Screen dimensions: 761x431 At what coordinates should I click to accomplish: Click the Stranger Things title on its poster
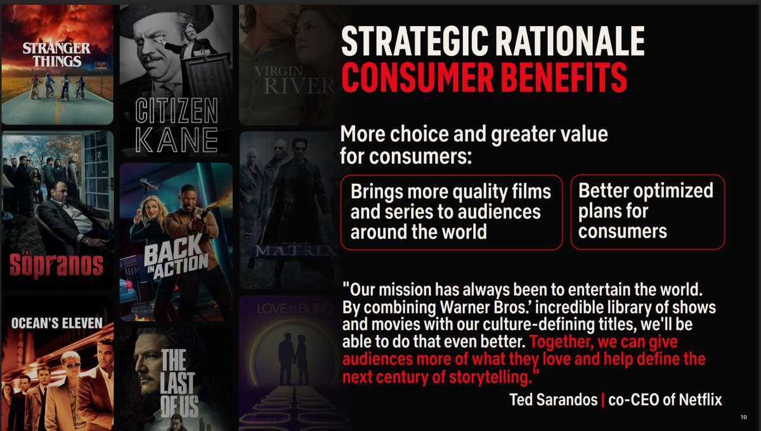point(56,55)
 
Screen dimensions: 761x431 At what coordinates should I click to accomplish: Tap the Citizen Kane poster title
point(176,125)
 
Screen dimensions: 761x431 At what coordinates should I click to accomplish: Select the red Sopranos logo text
point(56,265)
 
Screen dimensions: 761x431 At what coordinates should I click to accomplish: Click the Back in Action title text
point(176,258)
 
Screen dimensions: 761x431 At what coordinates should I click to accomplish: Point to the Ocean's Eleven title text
point(56,323)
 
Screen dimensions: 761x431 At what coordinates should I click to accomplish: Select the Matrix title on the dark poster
point(296,251)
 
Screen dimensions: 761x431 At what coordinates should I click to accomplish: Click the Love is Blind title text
point(295,308)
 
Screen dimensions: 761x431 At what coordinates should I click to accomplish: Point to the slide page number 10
point(744,417)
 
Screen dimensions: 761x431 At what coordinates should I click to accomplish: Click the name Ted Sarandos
point(554,400)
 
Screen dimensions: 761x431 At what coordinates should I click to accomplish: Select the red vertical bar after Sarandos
point(603,400)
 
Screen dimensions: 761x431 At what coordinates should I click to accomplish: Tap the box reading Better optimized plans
point(647,212)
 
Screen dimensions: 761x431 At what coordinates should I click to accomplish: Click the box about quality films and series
point(452,212)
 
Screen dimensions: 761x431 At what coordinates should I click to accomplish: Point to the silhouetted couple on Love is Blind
point(293,358)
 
